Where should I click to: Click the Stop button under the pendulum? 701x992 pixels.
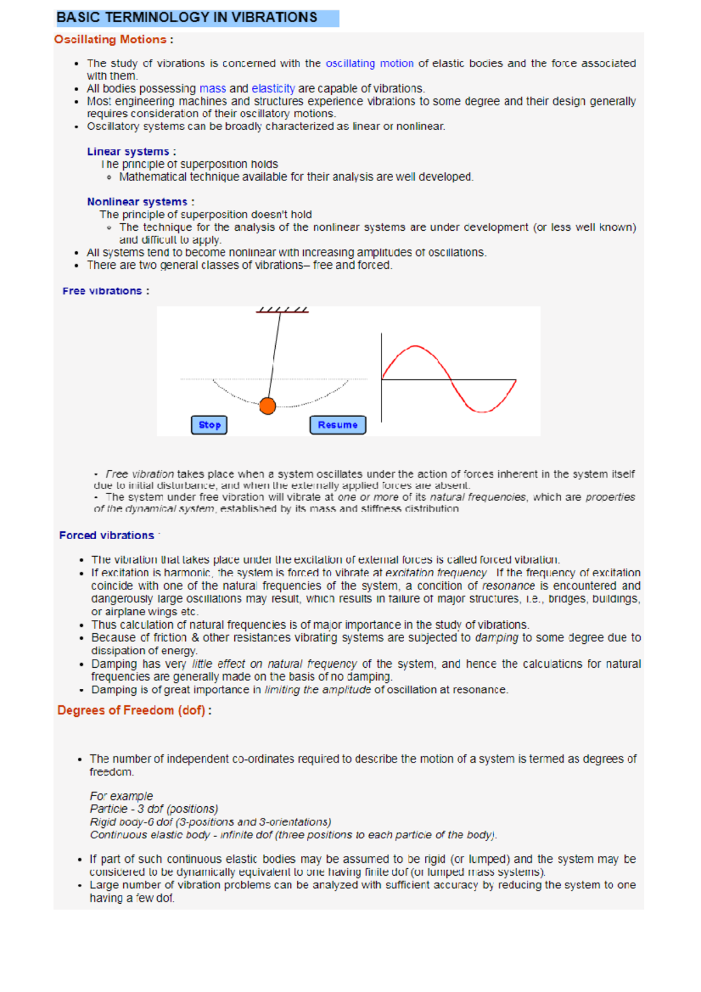click(x=209, y=425)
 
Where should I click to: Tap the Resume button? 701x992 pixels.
click(x=338, y=425)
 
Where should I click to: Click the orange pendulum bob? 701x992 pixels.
click(x=268, y=405)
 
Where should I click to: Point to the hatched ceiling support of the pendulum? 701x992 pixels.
click(x=282, y=310)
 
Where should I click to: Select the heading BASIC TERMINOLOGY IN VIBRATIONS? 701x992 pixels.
click(x=187, y=18)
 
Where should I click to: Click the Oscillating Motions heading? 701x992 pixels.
click(x=110, y=40)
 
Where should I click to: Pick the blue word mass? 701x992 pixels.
click(x=213, y=89)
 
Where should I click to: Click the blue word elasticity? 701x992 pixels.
click(x=273, y=89)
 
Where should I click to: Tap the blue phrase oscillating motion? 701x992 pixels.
click(x=369, y=64)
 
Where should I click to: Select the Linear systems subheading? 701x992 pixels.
click(x=128, y=152)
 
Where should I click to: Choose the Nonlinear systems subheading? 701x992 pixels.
click(x=137, y=202)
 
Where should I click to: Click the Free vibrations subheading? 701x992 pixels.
click(x=102, y=291)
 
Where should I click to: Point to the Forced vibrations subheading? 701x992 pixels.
click(x=106, y=535)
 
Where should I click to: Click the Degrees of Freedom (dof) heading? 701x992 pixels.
click(x=131, y=710)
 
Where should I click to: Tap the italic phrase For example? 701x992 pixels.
click(x=121, y=796)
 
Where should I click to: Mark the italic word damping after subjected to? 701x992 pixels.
click(x=497, y=638)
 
